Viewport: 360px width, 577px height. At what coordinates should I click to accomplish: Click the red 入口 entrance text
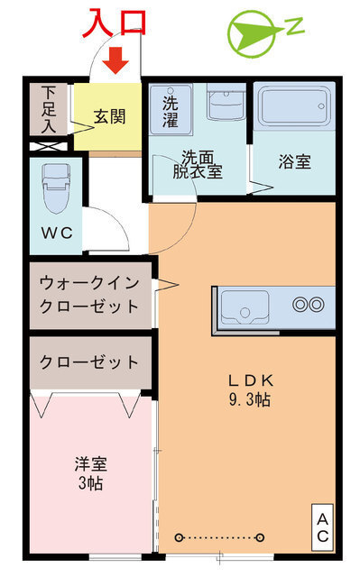(113, 22)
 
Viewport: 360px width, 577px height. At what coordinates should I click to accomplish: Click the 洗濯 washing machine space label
(170, 108)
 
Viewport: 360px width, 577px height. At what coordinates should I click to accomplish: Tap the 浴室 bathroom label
(294, 163)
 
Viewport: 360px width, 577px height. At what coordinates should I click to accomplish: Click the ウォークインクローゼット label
(89, 294)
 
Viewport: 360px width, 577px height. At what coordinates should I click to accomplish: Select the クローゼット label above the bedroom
(89, 362)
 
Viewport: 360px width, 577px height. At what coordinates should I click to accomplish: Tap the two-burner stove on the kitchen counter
(308, 304)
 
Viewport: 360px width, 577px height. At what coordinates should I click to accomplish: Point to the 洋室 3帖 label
(90, 474)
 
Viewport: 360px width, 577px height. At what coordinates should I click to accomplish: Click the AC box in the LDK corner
(322, 527)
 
